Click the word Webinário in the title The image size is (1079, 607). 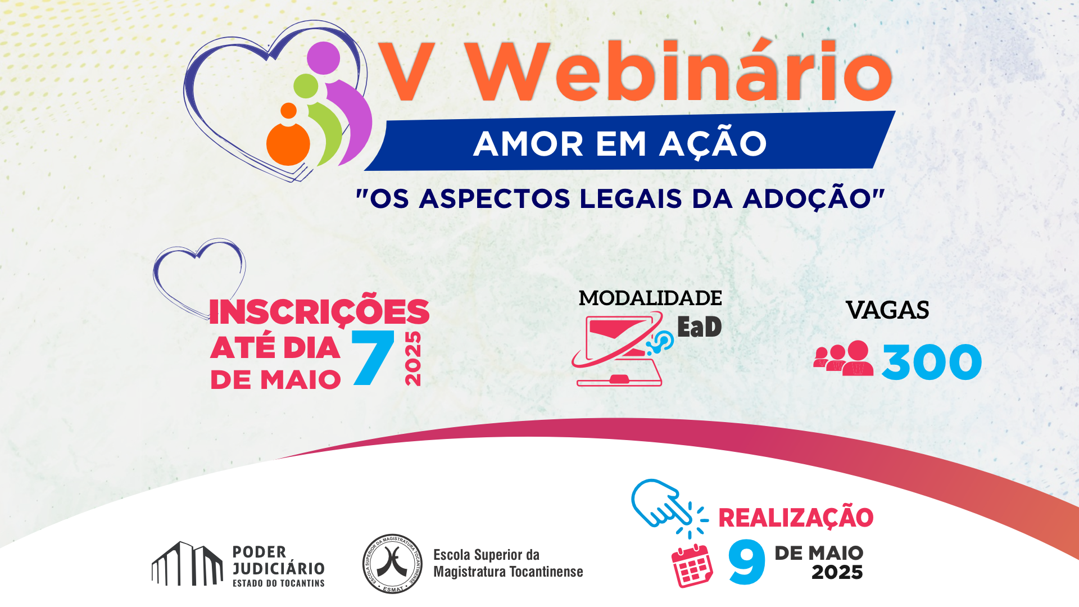click(x=680, y=72)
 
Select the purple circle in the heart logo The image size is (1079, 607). click(x=324, y=58)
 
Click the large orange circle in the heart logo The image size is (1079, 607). click(x=288, y=144)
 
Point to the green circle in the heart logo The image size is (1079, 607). click(x=306, y=86)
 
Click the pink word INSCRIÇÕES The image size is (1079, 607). click(x=319, y=312)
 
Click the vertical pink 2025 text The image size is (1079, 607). click(x=413, y=358)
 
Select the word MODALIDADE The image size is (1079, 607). click(x=650, y=298)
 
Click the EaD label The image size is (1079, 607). click(x=699, y=327)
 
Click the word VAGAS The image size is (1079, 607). click(x=887, y=310)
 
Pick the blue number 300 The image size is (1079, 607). click(x=932, y=363)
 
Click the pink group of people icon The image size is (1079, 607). click(x=844, y=358)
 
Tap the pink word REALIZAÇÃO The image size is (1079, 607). click(x=796, y=518)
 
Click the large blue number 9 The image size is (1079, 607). click(x=747, y=562)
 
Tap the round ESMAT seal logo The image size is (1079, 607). click(x=392, y=564)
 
